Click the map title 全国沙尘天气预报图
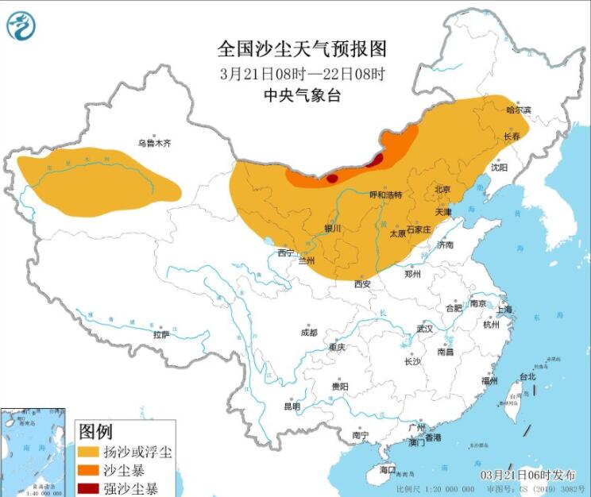coord(302,49)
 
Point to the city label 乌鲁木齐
coord(154,144)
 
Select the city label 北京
coord(442,190)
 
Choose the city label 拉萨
coord(161,335)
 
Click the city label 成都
coord(308,333)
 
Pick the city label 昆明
coord(292,406)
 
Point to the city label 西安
coord(362,283)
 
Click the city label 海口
coord(387,470)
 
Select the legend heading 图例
coord(95,431)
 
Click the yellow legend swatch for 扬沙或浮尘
coord(88,452)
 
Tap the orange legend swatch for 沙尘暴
coord(88,470)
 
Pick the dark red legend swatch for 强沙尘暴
coord(88,487)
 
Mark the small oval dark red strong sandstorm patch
coord(332,179)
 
